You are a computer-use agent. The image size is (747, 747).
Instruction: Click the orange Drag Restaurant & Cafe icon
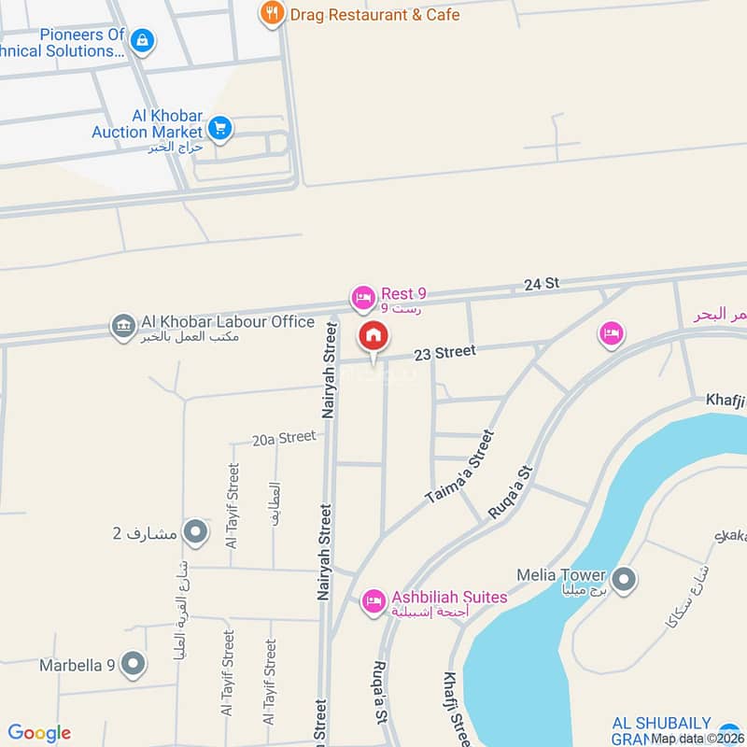272,14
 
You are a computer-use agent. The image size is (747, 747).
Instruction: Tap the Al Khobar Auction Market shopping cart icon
219,129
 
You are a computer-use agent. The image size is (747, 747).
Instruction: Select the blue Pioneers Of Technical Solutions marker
143,40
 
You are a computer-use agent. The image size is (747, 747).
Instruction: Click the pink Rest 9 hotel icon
363,299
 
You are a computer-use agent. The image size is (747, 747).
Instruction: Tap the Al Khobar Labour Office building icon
122,326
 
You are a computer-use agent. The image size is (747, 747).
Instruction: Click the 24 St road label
541,284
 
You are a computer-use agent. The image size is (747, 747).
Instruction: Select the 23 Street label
444,353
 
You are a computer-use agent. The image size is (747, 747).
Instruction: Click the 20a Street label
284,437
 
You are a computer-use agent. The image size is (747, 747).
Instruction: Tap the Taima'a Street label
458,468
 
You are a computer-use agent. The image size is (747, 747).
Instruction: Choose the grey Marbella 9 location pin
134,665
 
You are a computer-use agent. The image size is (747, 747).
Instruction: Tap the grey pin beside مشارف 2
195,533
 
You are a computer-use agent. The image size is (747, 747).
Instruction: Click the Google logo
39,733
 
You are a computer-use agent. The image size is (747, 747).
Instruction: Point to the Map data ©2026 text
696,739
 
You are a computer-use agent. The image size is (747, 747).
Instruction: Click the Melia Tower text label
561,575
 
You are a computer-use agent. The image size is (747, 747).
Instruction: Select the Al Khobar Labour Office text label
227,322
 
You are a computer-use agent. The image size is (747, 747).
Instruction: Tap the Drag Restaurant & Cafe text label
374,15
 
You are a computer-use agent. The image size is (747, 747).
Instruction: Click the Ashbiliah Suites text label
449,597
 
